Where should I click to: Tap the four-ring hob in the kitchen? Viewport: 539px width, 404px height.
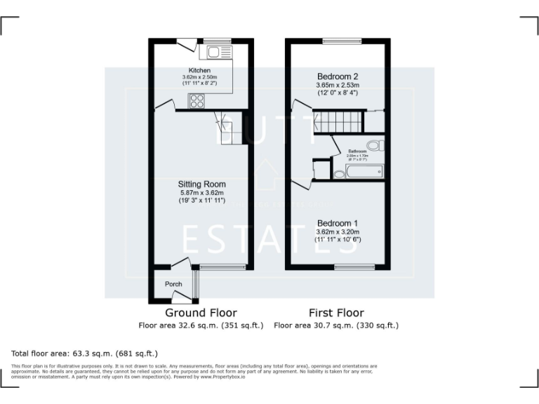coord(196,100)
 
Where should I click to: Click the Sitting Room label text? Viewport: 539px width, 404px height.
coord(201,184)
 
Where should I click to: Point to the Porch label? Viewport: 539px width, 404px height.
coord(173,284)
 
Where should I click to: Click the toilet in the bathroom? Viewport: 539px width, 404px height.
coord(375,146)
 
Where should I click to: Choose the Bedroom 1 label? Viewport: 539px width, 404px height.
coord(338,223)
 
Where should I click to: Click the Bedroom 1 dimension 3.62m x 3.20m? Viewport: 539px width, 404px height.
coord(338,231)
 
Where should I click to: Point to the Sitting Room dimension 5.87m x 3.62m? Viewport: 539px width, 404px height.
coord(201,193)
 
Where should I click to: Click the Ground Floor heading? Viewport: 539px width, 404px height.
coord(201,313)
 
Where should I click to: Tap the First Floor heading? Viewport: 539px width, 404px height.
coord(336,313)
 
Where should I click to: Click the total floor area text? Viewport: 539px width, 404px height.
coord(85,353)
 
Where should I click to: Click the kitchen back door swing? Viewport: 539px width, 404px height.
coord(186,45)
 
